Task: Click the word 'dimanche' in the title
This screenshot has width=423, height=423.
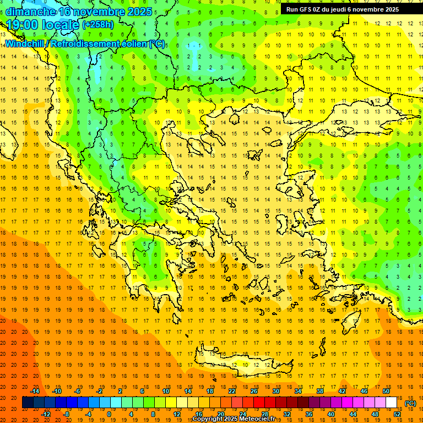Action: point(30,12)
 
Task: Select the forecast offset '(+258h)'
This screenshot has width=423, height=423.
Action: point(97,25)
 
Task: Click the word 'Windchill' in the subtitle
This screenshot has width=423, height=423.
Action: point(25,44)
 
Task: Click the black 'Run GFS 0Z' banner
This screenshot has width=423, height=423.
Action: point(347,9)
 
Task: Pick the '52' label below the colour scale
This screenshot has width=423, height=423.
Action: point(397,414)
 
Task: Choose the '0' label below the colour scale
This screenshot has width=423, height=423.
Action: point(109,414)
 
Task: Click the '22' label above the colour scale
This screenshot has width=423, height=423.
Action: point(232,391)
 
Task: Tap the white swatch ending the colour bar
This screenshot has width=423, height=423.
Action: point(391,403)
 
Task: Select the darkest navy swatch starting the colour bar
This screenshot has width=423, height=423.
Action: point(28,403)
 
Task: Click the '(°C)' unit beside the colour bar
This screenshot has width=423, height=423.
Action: point(410,403)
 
